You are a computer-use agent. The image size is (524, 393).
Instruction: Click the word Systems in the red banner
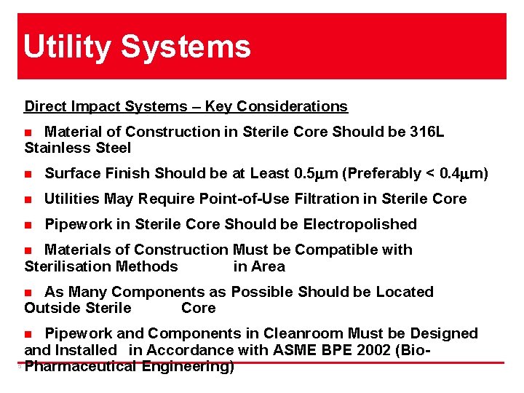tap(186, 47)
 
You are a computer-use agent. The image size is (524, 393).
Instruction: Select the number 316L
tap(425, 132)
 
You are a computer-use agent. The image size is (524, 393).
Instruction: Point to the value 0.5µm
tap(321, 173)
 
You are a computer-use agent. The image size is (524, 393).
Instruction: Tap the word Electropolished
tap(360, 224)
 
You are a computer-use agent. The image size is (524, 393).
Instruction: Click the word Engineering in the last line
tap(188, 366)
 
